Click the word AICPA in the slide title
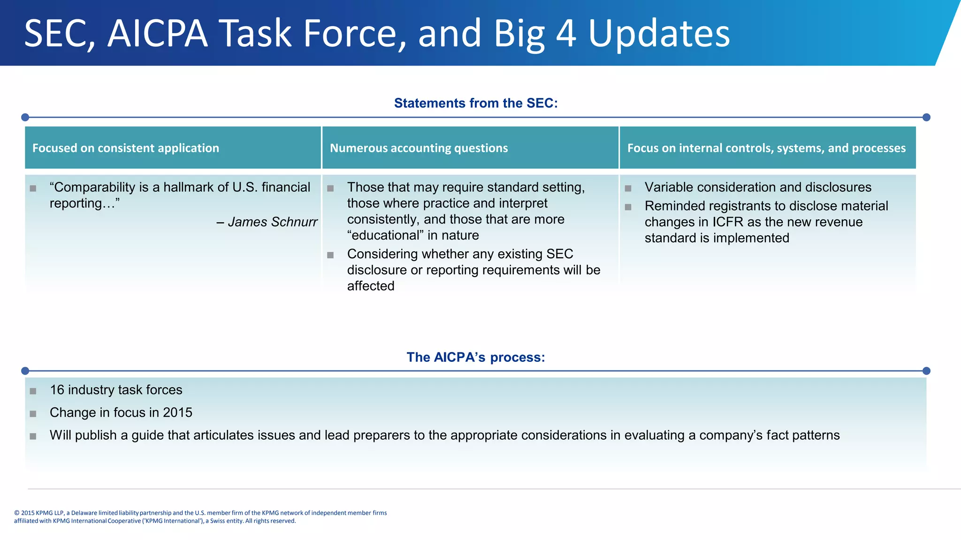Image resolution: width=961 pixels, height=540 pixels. [158, 34]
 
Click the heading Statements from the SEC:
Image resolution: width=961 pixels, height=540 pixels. [476, 103]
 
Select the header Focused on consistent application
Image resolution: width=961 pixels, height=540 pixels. [126, 148]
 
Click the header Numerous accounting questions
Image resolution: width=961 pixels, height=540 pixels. [419, 148]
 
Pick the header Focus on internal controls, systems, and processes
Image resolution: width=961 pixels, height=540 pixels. [766, 148]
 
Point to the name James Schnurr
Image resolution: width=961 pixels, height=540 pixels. [273, 222]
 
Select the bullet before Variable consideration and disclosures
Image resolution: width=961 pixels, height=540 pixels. [628, 188]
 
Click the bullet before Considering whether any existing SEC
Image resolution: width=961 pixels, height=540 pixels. [330, 255]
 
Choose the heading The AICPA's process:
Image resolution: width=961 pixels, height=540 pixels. [476, 357]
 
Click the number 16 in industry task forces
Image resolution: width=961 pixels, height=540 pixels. [57, 390]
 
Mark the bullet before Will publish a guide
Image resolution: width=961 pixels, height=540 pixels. [33, 436]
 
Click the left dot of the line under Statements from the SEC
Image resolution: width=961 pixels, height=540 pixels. [25, 117]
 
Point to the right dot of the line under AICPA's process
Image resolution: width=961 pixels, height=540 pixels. [926, 371]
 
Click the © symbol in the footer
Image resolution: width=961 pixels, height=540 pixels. [17, 513]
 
